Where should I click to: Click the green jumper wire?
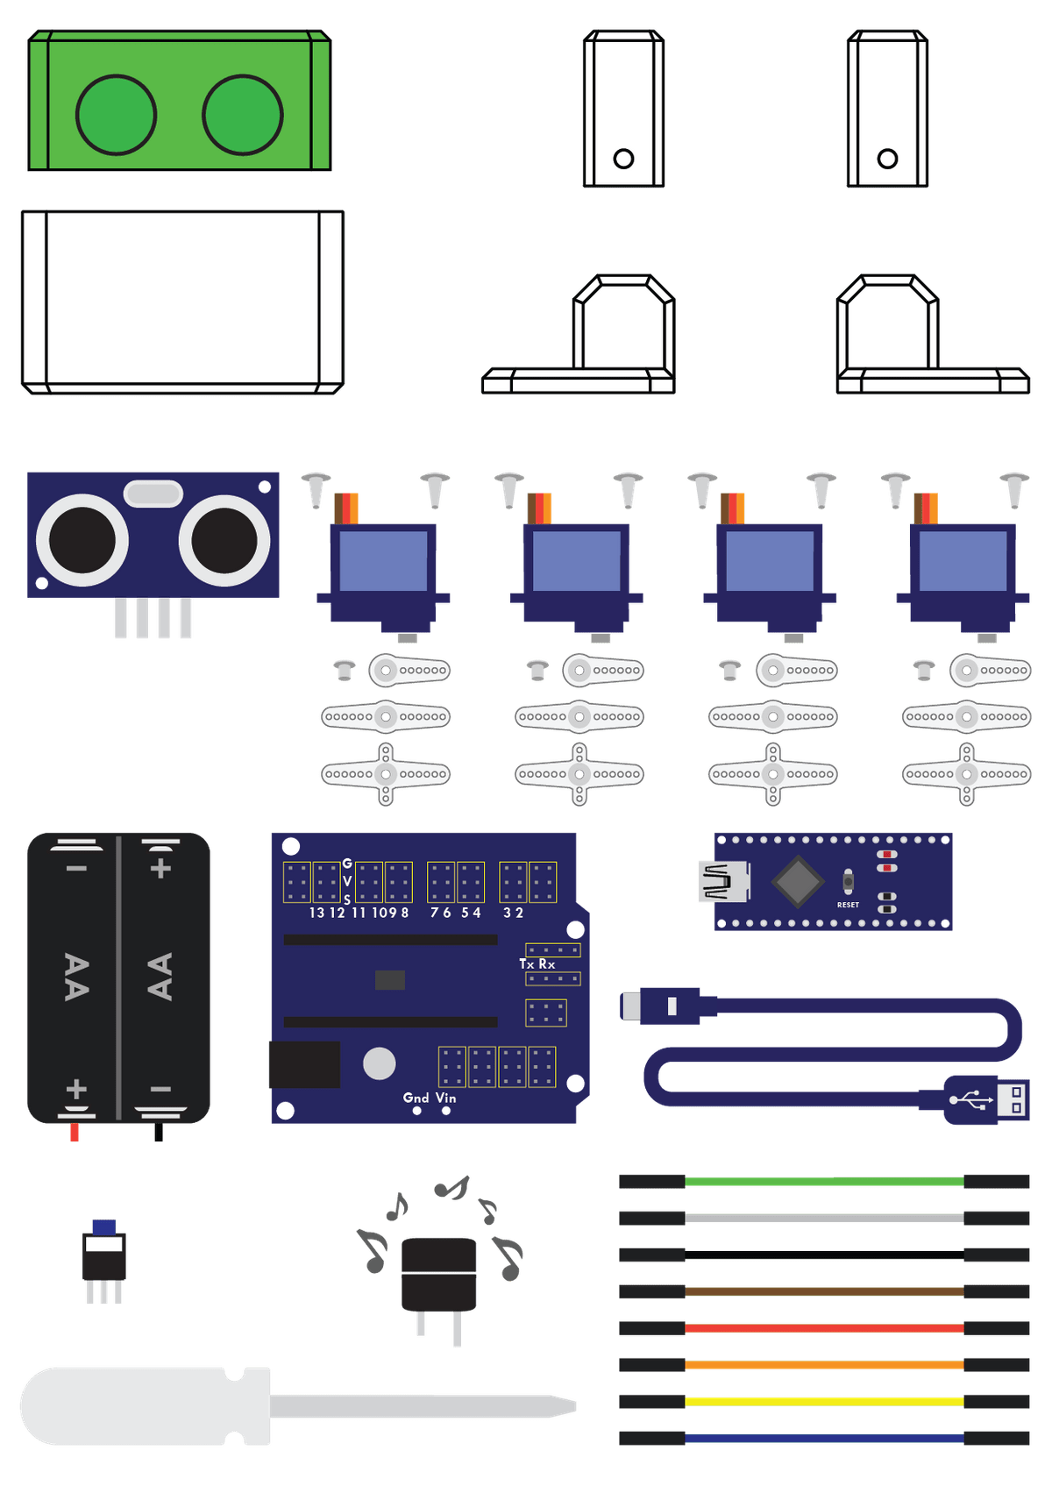pos(824,1182)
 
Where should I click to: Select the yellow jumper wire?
pos(824,1401)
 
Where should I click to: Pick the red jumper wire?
pos(824,1328)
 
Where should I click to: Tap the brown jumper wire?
pos(824,1291)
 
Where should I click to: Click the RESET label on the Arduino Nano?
pos(848,905)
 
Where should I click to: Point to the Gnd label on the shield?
pos(416,1098)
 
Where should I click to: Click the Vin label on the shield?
pos(446,1098)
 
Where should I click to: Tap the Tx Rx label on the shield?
pos(537,964)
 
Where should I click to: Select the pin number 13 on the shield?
pos(316,913)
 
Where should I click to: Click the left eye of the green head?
pos(116,115)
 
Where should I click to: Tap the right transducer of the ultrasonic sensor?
pos(224,540)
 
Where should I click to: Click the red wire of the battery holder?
pos(75,1133)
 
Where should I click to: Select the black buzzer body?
pos(438,1275)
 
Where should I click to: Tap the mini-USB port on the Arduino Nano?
pos(724,881)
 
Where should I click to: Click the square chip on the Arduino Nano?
pos(798,880)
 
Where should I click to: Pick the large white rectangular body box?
pos(182,302)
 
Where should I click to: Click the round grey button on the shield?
pos(379,1063)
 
